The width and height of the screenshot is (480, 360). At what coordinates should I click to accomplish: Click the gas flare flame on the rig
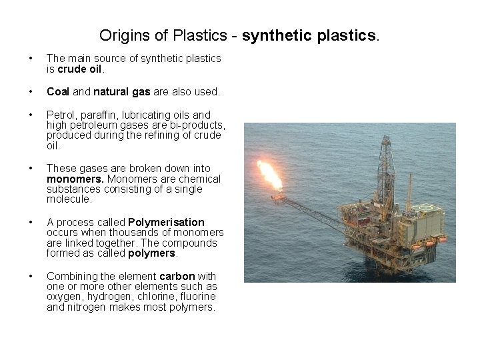(x=270, y=175)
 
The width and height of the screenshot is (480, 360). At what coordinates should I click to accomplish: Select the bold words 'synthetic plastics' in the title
(x=310, y=35)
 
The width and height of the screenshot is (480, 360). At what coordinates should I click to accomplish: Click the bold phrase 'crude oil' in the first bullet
(x=79, y=69)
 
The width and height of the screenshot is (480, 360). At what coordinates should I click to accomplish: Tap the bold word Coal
(x=57, y=91)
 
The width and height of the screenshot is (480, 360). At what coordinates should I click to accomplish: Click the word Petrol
(x=60, y=115)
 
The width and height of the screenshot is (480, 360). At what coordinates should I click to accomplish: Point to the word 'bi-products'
(x=197, y=125)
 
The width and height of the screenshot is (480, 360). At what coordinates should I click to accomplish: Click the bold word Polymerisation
(x=166, y=222)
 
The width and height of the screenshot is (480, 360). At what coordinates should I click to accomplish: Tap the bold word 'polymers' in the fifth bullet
(x=151, y=253)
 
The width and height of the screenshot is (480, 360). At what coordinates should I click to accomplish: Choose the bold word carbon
(x=178, y=276)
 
